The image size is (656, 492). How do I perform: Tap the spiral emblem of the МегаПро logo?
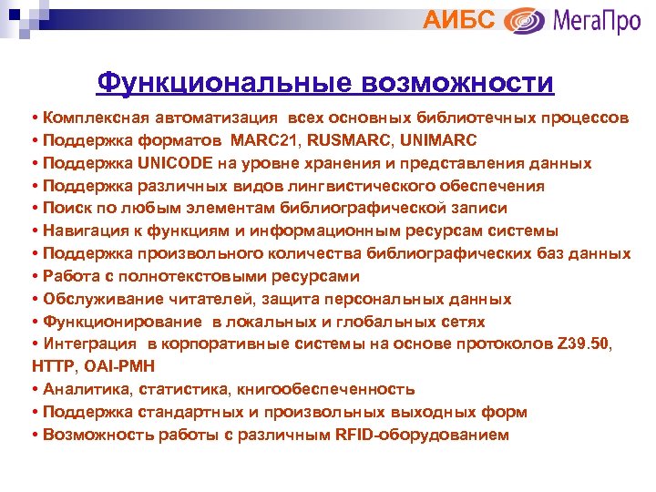tap(525, 20)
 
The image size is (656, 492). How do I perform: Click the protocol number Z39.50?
tap(587, 344)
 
